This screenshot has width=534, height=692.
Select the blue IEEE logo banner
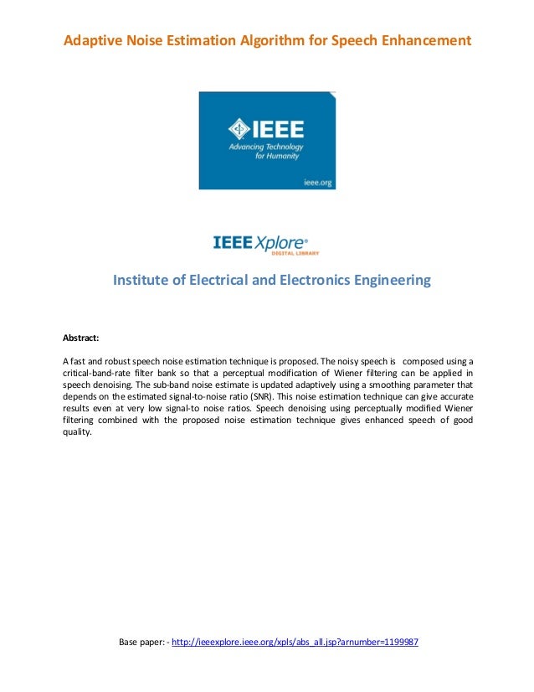pyautogui.click(x=267, y=140)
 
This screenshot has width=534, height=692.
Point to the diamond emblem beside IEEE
pyautogui.click(x=239, y=130)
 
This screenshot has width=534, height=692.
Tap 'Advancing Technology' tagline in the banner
pyautogui.click(x=267, y=147)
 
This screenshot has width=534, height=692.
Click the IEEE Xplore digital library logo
pyautogui.click(x=266, y=245)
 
